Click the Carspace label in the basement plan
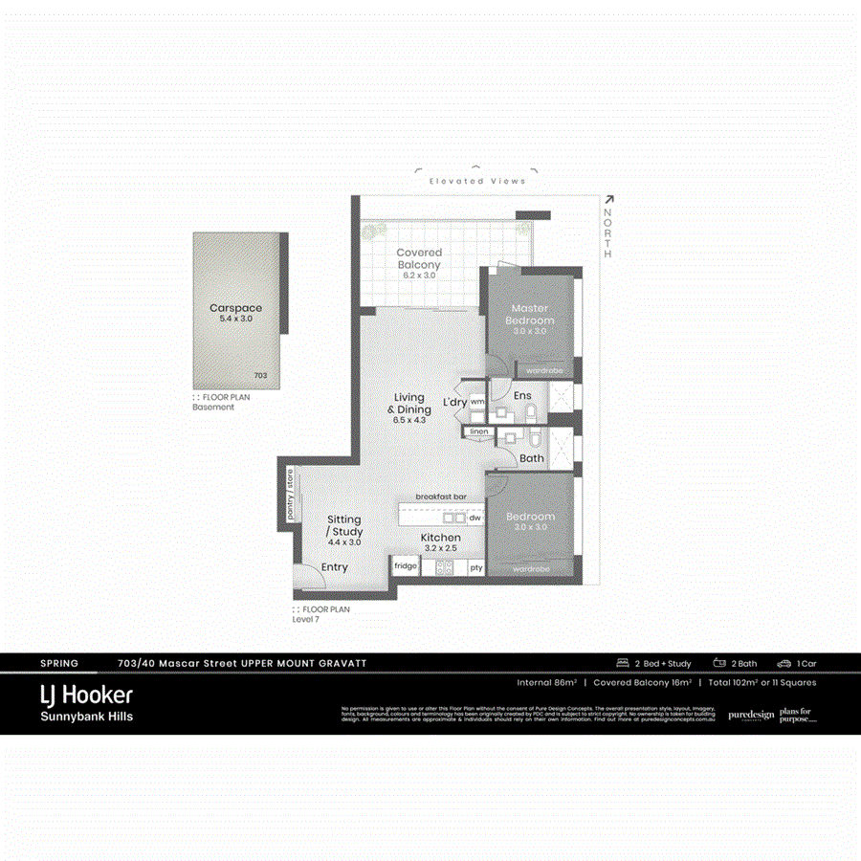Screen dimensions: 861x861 coord(235,308)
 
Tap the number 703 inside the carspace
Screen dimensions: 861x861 coord(261,376)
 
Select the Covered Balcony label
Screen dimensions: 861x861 coord(419,258)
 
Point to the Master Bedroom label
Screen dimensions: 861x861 coord(529,314)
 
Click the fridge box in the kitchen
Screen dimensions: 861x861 coord(406,567)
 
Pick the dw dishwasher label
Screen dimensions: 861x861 coord(474,518)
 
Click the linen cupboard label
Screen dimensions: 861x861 coord(479,432)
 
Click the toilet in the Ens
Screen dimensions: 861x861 coord(530,413)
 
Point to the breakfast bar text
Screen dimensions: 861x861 coord(440,497)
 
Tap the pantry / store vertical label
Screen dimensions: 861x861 coord(289,495)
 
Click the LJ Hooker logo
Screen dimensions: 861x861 coord(86,695)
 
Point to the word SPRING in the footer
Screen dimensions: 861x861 coord(59,663)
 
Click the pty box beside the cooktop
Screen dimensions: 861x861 coord(475,567)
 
